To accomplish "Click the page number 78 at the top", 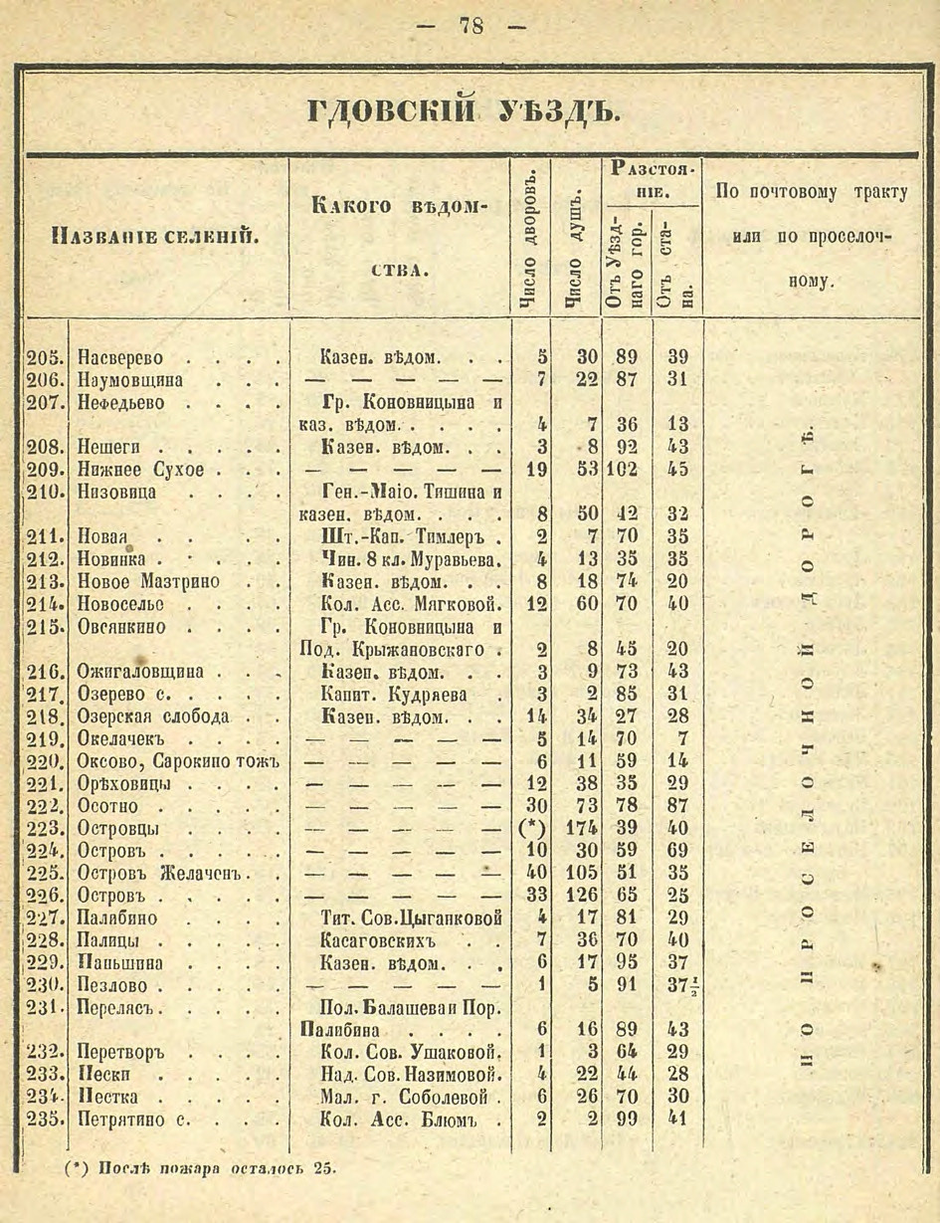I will click(x=470, y=26).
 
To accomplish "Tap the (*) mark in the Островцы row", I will click(x=531, y=828).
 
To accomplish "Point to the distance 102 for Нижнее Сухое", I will click(x=624, y=470).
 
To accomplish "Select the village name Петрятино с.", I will click(x=129, y=1120).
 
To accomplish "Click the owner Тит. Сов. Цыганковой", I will click(x=404, y=917).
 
